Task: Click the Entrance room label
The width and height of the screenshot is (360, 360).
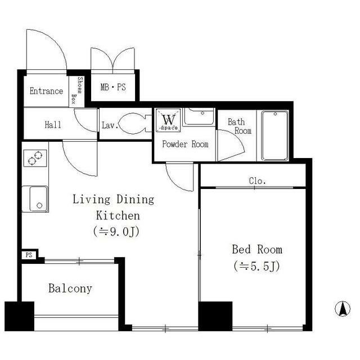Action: pyautogui.click(x=46, y=91)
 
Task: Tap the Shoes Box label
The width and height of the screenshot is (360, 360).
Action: pyautogui.click(x=76, y=90)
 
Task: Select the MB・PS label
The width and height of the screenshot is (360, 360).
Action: pyautogui.click(x=113, y=87)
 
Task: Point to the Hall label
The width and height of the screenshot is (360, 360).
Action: pyautogui.click(x=53, y=125)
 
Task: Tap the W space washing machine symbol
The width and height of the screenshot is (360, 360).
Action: pyautogui.click(x=168, y=120)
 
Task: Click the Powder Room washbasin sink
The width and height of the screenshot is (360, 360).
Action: pyautogui.click(x=199, y=117)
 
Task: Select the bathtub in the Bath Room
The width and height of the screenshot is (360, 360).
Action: pyautogui.click(x=275, y=136)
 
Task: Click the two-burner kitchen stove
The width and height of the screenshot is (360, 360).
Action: pyautogui.click(x=35, y=158)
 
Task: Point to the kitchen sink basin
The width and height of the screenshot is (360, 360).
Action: pyautogui.click(x=39, y=199)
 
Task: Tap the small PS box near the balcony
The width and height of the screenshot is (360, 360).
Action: pyautogui.click(x=29, y=255)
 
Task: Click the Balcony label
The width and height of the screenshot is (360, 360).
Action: pyautogui.click(x=70, y=289)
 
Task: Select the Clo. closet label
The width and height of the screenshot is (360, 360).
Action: pyautogui.click(x=258, y=181)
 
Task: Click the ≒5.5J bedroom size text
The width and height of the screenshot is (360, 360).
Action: pyautogui.click(x=257, y=267)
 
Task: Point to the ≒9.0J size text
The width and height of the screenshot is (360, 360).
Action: pyautogui.click(x=116, y=232)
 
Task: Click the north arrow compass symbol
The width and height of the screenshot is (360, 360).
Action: pyautogui.click(x=343, y=309)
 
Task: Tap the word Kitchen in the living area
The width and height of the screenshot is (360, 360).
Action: pyautogui.click(x=118, y=215)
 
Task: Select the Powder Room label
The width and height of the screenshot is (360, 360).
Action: pyautogui.click(x=185, y=144)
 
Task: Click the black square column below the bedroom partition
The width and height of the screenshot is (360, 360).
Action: pyautogui.click(x=215, y=316)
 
